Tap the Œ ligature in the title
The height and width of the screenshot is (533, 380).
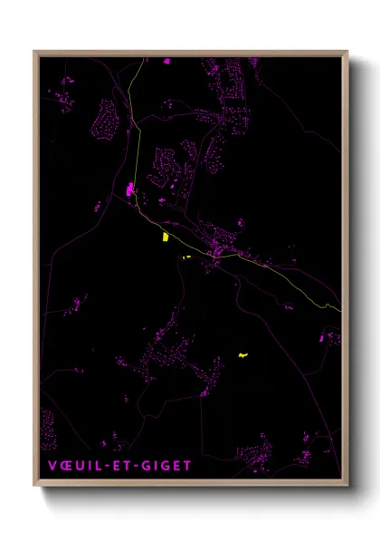(x=64, y=466)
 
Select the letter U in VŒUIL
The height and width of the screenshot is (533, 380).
(x=79, y=466)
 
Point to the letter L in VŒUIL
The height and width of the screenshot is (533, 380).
(x=96, y=466)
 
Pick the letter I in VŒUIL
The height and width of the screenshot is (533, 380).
(x=88, y=466)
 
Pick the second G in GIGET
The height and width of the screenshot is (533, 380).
(x=164, y=466)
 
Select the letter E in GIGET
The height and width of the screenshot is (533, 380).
(x=176, y=466)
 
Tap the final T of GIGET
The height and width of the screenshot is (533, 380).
(x=186, y=466)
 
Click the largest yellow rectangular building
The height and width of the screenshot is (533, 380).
(x=165, y=237)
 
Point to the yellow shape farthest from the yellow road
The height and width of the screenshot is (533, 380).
(x=242, y=355)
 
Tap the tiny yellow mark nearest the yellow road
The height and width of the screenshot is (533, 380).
(x=185, y=257)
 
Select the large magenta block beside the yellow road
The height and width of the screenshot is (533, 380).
(x=130, y=189)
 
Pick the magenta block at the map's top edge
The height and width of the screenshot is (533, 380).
(x=166, y=61)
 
